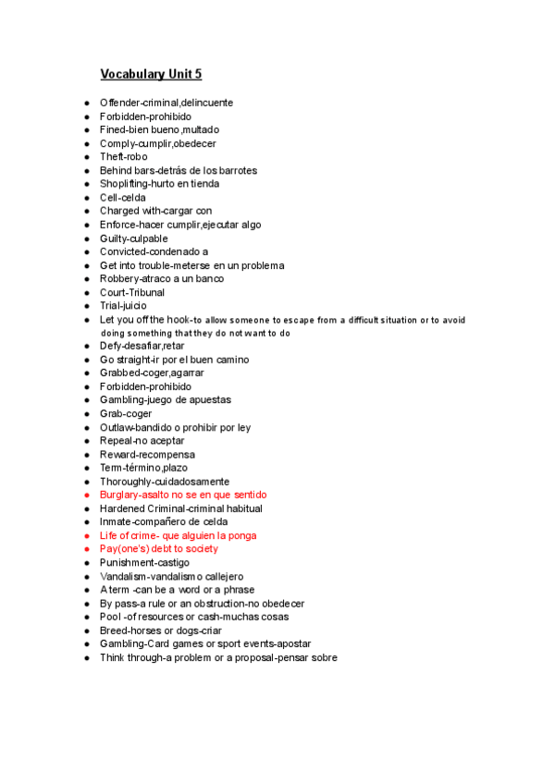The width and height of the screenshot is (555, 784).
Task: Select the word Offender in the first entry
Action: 119,103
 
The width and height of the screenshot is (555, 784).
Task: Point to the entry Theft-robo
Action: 123,157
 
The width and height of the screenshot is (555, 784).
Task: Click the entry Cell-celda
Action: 123,198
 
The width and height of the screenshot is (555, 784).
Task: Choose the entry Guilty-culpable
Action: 134,239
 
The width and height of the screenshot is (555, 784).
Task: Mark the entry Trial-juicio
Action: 123,306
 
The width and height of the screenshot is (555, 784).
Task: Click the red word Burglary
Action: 120,496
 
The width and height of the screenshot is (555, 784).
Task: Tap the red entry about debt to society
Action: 159,549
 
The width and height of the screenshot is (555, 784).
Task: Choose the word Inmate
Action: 116,522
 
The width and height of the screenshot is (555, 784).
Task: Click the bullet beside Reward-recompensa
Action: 85,455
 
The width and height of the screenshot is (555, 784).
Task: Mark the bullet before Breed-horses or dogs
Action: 85,631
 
